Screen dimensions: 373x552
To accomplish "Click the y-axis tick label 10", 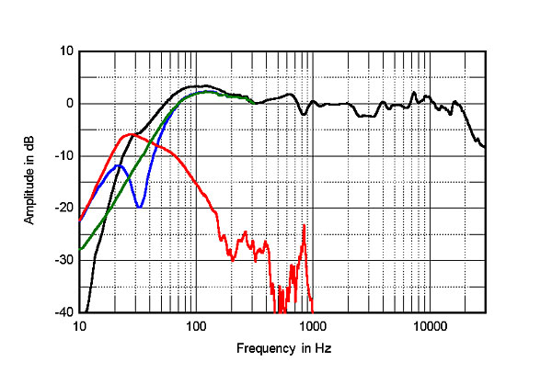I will click(64, 51).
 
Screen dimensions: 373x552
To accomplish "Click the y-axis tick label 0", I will click(67, 104).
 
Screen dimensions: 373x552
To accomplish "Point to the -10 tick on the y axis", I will click(63, 156).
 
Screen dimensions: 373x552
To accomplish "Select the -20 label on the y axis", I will click(63, 209).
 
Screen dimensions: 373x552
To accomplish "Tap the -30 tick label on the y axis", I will click(63, 261).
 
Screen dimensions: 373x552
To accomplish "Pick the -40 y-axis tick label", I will click(63, 312).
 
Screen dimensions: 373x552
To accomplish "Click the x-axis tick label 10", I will click(80, 326).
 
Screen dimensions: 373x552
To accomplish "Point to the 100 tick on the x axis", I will click(195, 326).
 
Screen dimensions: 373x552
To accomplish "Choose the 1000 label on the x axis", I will click(313, 326).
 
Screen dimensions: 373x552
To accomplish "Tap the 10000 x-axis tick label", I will click(429, 326).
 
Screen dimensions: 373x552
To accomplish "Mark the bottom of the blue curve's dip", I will click(139, 207).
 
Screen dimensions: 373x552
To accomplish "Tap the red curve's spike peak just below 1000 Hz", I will click(304, 225).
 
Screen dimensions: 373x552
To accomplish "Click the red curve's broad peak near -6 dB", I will click(132, 134).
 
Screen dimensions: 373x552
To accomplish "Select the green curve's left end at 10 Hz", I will click(80, 249).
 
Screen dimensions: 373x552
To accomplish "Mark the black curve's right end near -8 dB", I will click(485, 146).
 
